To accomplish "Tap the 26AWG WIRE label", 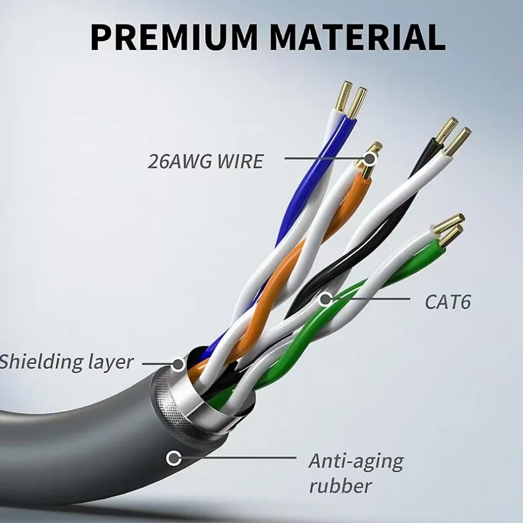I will point(205,161).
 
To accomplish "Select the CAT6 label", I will point(448,302).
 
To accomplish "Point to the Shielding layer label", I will point(66,362).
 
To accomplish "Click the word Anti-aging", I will point(356,461).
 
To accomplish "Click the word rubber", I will point(341,486).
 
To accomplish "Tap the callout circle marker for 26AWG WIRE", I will point(369,159).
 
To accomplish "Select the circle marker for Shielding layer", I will point(178,364).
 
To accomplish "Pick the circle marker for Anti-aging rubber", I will point(174,458).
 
